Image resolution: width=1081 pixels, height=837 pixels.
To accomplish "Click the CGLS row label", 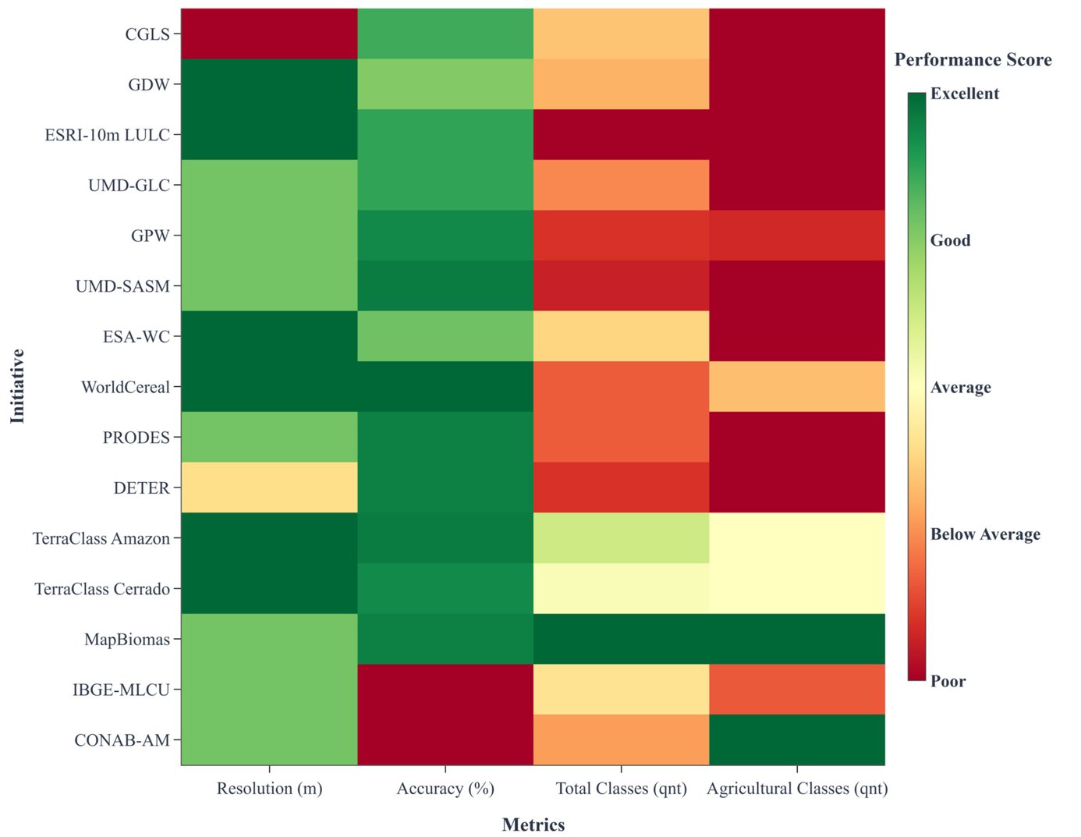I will click(147, 34).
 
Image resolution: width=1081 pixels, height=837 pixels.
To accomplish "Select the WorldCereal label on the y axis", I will click(125, 387).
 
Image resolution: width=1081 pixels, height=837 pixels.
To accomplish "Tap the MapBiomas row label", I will click(126, 640).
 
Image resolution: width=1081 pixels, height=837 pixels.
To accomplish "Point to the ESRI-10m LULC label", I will click(107, 135).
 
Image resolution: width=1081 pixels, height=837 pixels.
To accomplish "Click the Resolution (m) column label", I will click(269, 789).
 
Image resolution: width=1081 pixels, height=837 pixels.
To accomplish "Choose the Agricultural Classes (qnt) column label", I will click(797, 789).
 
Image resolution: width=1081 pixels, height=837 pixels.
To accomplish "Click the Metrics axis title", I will click(533, 825).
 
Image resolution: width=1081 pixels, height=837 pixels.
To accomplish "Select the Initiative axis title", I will click(17, 386).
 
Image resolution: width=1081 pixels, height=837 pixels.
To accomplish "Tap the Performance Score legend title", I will click(973, 60).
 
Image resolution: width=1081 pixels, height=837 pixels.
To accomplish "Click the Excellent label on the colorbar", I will click(964, 94).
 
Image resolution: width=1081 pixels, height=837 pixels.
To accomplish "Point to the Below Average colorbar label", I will click(985, 534).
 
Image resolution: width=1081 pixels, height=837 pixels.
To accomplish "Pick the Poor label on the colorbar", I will click(948, 681).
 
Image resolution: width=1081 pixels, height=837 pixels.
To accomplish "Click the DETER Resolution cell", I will click(269, 488).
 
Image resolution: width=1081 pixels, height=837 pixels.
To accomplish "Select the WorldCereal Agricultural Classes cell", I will click(797, 387).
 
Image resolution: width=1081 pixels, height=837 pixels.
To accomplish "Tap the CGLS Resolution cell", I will click(269, 34).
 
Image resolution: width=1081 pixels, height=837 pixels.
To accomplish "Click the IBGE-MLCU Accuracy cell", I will click(445, 690).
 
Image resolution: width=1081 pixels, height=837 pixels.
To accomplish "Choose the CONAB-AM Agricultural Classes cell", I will click(797, 739).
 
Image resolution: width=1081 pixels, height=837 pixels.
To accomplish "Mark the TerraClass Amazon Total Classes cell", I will click(621, 538).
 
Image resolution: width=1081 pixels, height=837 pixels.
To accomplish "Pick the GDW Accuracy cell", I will click(445, 84).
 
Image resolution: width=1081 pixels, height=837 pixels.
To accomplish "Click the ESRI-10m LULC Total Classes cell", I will click(621, 135).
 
